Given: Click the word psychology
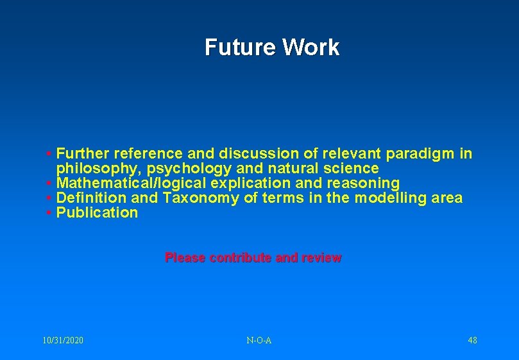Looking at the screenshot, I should coord(188,169).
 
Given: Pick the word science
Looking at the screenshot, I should coord(350,169).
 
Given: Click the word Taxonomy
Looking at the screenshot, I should coord(201,198).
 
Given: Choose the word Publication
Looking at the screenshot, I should coord(98,213).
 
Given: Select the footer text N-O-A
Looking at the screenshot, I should coord(259,340).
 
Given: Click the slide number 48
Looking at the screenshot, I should coord(472,340).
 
